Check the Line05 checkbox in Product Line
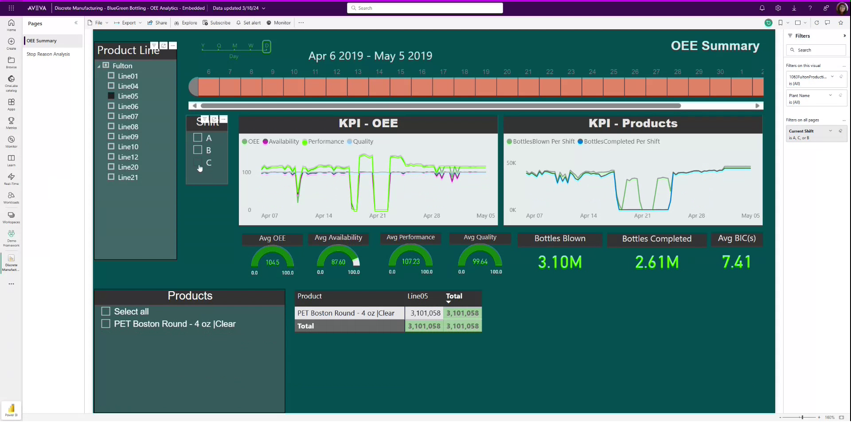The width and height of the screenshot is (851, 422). point(111,96)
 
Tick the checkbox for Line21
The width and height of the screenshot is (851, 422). point(111,177)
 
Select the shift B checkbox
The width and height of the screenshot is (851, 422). point(198,150)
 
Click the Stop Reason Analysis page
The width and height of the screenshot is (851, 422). point(48,54)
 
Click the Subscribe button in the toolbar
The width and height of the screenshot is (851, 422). point(217,23)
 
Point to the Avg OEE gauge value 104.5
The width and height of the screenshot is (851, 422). point(272,262)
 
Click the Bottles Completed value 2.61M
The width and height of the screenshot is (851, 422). point(657,262)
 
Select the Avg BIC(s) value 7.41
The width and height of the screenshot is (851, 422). point(736,262)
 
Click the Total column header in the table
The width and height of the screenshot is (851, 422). point(454,296)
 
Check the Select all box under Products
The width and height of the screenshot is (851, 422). point(105,311)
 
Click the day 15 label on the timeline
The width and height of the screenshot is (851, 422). point(400,72)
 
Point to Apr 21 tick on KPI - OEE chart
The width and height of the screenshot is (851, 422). point(377,215)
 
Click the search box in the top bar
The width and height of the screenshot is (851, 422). point(425,8)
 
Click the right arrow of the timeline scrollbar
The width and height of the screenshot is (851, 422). point(757,105)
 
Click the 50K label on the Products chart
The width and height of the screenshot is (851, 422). point(511,163)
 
